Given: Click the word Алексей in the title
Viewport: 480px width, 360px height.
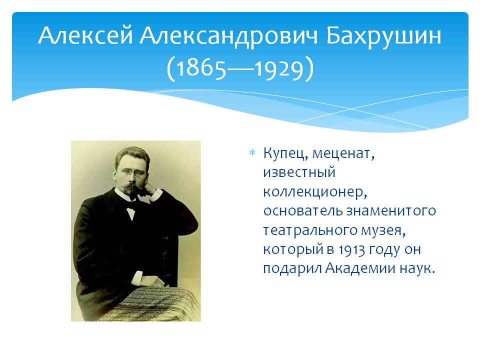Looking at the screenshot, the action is coord(85,36).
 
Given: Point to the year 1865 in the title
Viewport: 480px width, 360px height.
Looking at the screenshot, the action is coord(201,68).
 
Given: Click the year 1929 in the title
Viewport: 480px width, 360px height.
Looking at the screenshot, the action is coord(279,68).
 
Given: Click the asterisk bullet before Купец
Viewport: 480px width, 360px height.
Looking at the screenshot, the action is coord(252,152).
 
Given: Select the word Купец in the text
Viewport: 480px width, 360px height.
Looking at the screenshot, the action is coord(285,153).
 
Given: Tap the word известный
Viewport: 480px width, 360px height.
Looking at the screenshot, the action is coord(299,172).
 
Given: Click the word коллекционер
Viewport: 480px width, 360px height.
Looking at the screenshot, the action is coord(314,192).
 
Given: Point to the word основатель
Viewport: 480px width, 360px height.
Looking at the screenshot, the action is coord(303,211).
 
